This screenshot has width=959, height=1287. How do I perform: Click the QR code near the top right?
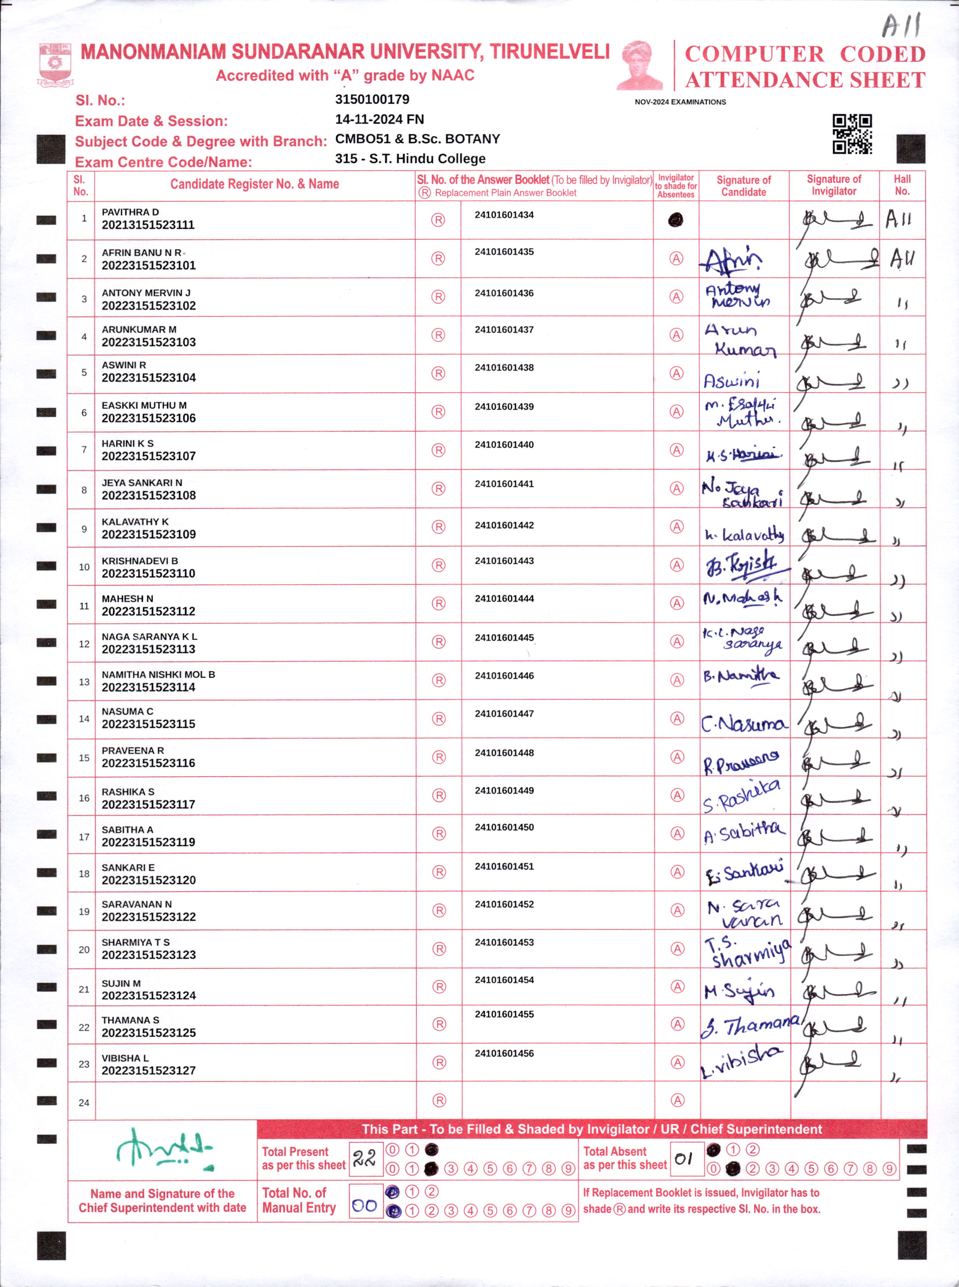(x=852, y=134)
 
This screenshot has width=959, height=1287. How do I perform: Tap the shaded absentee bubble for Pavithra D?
(x=675, y=220)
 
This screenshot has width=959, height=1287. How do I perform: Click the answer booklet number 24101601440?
(x=504, y=445)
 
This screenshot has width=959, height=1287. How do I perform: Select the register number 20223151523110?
(x=148, y=574)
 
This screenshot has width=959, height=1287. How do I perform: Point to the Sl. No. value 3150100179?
(x=372, y=99)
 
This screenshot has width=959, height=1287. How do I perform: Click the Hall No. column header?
(x=902, y=185)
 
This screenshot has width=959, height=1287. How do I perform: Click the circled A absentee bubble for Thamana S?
(x=677, y=1024)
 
